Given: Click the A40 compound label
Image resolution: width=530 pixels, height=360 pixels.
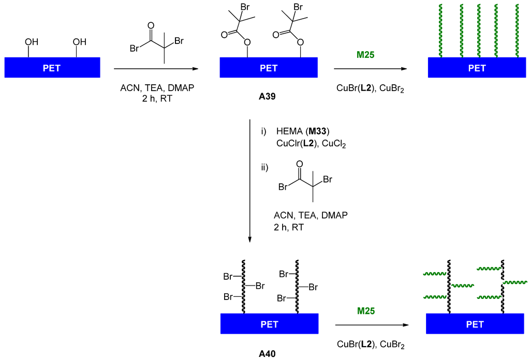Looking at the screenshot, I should click(x=268, y=354).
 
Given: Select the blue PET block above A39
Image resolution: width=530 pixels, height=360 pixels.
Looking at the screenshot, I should click(x=268, y=68).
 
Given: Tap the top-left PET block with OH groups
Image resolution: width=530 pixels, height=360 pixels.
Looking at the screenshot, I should click(x=52, y=68).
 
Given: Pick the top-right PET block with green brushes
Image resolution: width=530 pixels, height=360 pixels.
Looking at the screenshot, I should click(x=477, y=68).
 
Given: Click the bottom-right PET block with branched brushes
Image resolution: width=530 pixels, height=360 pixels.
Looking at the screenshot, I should click(x=475, y=324).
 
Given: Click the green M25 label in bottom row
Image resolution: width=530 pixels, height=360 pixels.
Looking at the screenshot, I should click(x=366, y=311).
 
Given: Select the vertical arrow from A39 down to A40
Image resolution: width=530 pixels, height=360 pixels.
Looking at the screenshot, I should click(x=250, y=181).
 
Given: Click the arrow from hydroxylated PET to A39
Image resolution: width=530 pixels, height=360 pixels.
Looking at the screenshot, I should click(x=156, y=68).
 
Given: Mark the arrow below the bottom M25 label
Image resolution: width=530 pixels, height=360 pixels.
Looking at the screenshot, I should click(x=369, y=325).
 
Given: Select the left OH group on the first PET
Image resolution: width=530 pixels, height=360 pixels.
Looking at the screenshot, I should click(x=32, y=42).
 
